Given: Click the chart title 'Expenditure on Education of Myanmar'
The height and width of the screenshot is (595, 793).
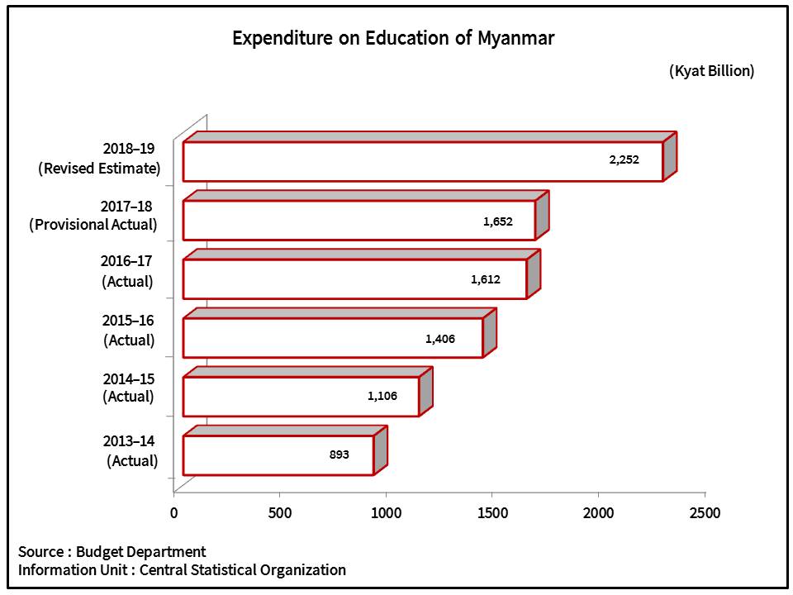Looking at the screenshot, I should click(392, 38).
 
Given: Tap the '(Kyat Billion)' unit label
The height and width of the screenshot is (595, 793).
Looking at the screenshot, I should click(711, 71).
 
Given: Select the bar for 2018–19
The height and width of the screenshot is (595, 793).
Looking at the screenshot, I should click(422, 161).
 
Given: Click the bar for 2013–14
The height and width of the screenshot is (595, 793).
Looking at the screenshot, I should click(278, 455).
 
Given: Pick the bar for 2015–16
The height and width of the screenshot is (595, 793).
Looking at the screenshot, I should click(332, 338).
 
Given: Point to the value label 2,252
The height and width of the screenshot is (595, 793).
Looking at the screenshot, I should click(624, 160).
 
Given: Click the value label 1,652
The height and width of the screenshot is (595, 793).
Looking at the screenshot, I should click(498, 221).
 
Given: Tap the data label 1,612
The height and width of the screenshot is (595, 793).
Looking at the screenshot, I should click(487, 279).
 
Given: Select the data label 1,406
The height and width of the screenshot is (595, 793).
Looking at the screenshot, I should click(440, 339).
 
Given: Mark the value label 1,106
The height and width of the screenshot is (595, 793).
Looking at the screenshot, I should click(382, 397).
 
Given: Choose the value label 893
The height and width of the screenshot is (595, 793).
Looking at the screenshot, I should click(339, 455).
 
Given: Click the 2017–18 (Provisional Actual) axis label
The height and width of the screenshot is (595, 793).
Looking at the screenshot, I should click(93, 214).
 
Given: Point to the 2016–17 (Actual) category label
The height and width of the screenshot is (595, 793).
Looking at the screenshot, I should click(127, 271).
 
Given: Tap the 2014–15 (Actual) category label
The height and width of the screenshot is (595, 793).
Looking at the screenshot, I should click(128, 387).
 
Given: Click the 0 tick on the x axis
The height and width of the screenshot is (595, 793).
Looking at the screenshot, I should click(174, 513).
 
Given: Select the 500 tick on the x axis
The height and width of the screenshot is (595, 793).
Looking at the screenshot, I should click(280, 513).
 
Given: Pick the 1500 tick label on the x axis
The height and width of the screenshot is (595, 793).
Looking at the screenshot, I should click(492, 513).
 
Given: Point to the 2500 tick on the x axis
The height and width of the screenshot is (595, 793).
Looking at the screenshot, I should click(704, 513).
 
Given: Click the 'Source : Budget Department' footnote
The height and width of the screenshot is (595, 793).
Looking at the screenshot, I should click(112, 551).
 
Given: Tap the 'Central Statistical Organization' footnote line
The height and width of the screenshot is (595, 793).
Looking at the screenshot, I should click(182, 569).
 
